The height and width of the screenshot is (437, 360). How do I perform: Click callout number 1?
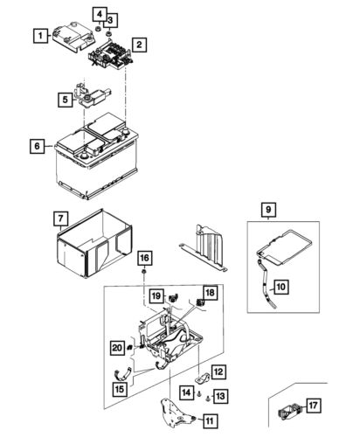click(39, 36)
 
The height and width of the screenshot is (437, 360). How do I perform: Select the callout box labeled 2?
click(139, 43)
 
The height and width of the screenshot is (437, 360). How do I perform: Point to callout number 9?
click(267, 209)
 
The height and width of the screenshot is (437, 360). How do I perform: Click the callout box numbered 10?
click(280, 286)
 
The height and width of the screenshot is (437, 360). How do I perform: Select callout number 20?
click(117, 348)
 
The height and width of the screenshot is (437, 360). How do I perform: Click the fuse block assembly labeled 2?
click(109, 56)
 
